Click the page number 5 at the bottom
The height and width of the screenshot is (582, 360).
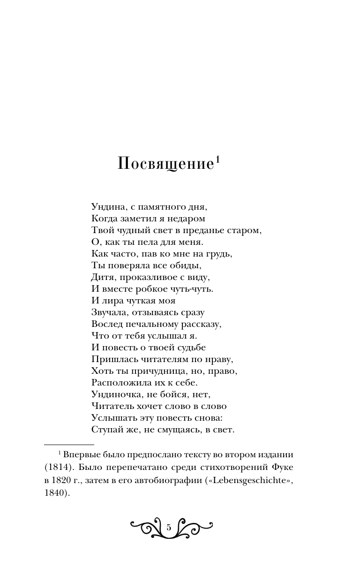point(169,528)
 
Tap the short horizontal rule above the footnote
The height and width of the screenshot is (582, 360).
point(69,444)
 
